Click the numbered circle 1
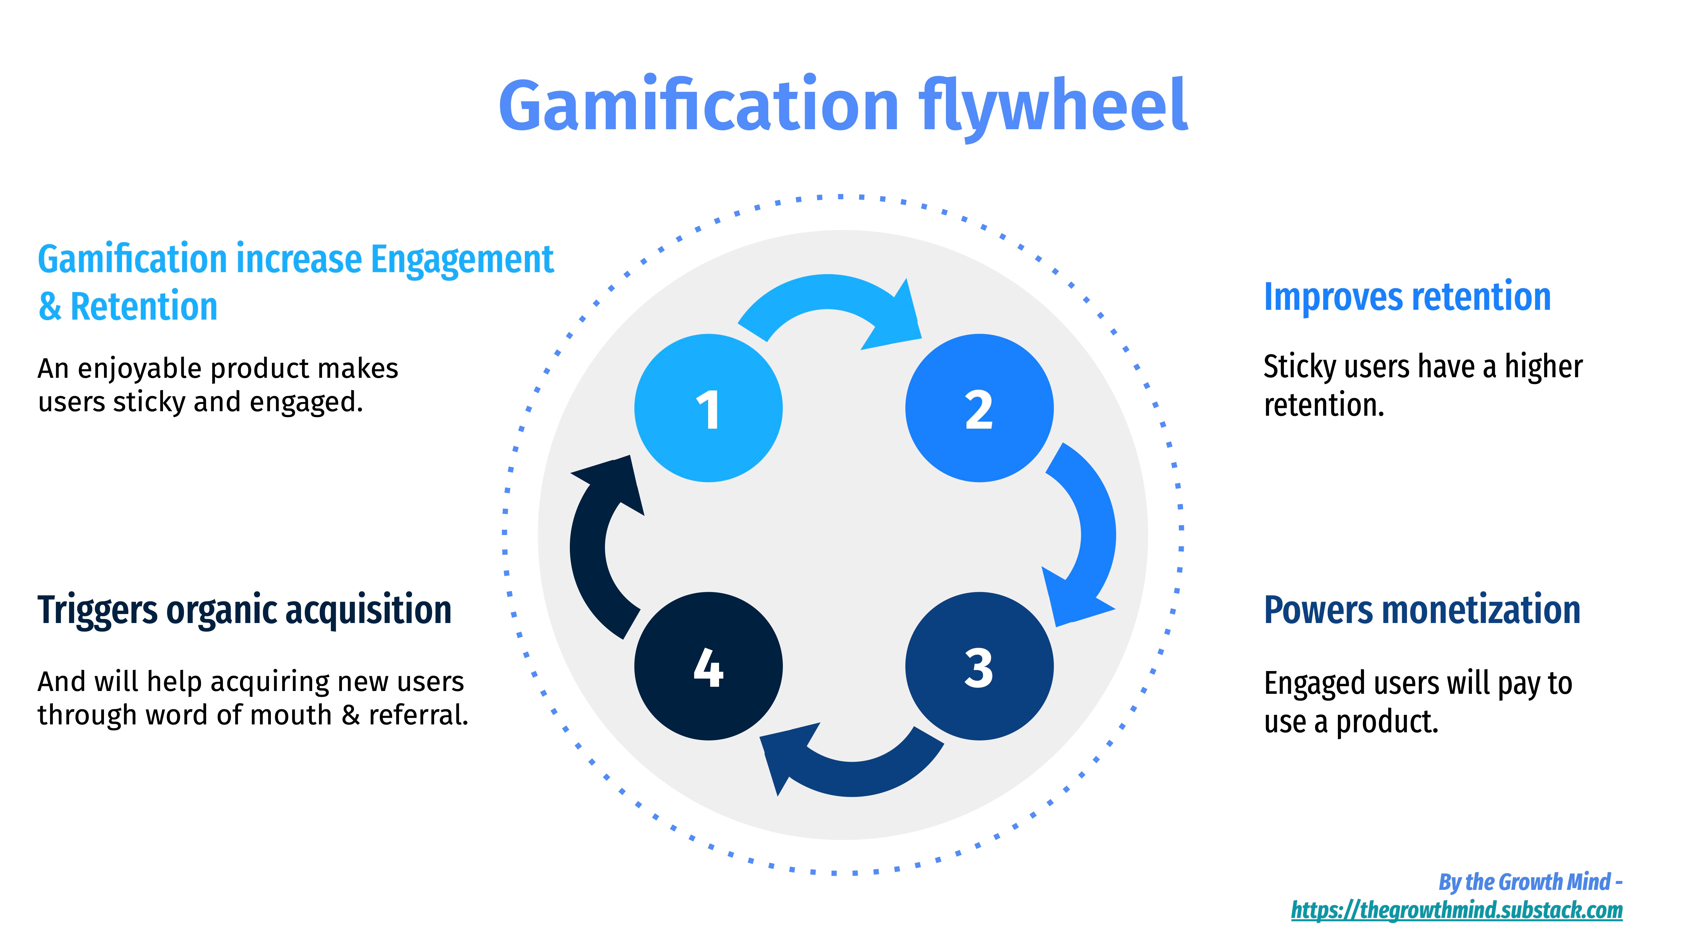708,408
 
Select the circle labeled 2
979,408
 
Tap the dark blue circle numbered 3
979,666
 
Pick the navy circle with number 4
708,666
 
